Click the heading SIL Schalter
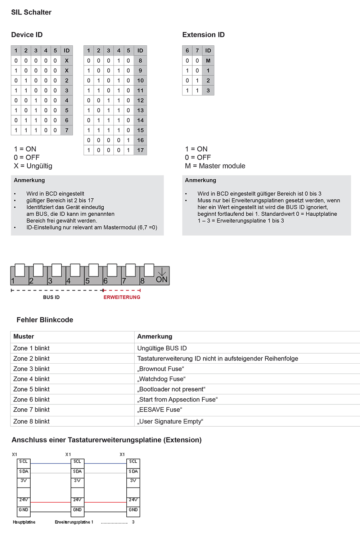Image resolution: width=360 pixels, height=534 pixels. click(x=31, y=12)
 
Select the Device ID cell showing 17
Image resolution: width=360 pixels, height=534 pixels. click(x=140, y=150)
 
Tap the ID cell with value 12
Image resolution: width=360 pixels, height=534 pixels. click(x=140, y=100)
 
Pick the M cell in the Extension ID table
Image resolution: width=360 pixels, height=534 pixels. click(x=208, y=60)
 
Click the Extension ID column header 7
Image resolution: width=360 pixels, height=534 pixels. click(x=197, y=50)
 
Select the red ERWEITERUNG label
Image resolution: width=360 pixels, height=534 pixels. click(x=122, y=297)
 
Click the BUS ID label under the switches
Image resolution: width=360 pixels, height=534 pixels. click(x=51, y=297)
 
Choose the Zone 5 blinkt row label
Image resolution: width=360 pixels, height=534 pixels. click(x=31, y=389)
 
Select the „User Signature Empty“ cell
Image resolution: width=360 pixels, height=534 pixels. click(x=170, y=421)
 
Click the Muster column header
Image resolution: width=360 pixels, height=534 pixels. click(x=24, y=336)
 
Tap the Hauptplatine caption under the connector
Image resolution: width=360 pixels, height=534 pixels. click(x=24, y=522)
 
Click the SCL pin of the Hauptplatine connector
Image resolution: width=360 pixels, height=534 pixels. click(x=24, y=462)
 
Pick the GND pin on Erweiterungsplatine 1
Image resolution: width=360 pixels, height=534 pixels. click(x=77, y=510)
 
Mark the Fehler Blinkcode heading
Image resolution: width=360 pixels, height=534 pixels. click(x=45, y=320)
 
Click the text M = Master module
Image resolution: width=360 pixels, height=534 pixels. click(x=215, y=166)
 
